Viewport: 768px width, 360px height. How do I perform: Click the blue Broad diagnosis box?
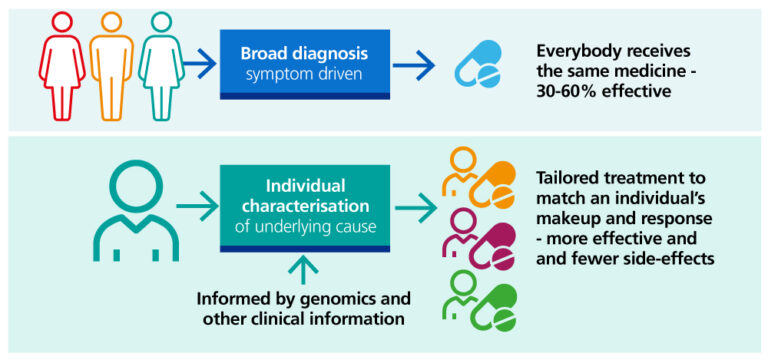point(302,64)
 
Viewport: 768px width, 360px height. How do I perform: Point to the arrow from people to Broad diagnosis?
point(200,65)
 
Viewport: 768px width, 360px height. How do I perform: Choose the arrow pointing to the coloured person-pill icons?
point(414,209)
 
